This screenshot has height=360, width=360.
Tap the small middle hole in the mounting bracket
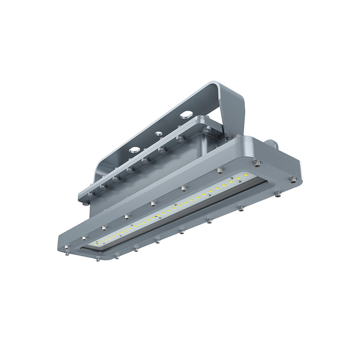(159, 134)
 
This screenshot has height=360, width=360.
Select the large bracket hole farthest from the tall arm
(134, 150)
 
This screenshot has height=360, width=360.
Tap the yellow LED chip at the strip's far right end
(246, 176)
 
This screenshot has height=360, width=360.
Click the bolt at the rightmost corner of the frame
(294, 180)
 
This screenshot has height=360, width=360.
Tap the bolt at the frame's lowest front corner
(98, 259)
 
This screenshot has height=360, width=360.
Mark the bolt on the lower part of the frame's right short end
(278, 194)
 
